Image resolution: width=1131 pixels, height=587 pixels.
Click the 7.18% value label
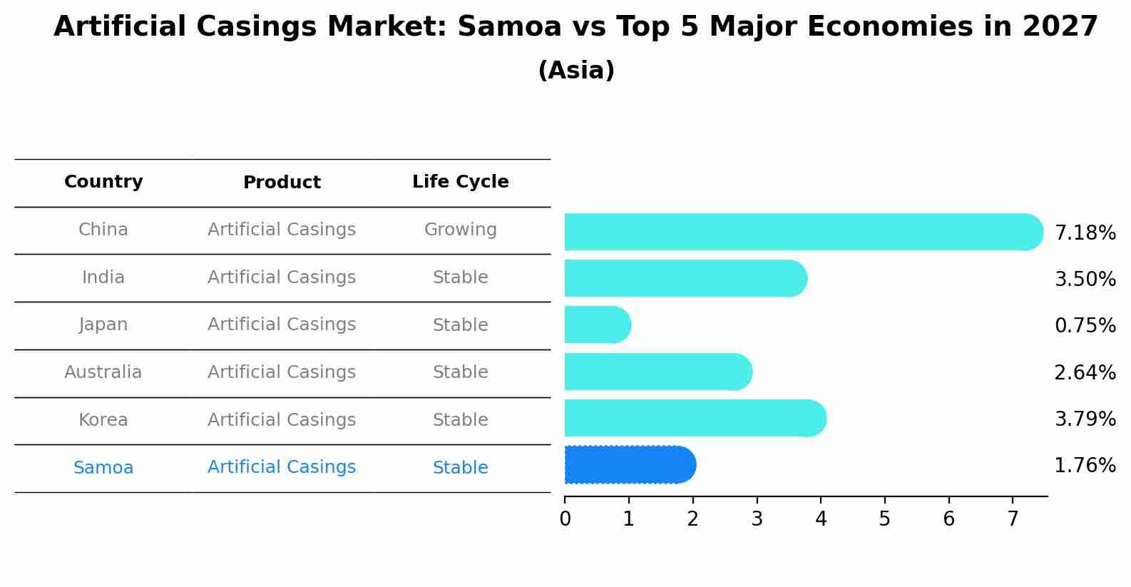(x=1085, y=233)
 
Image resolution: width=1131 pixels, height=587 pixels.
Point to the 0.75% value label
(x=1085, y=326)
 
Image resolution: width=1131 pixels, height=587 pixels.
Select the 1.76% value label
(x=1085, y=466)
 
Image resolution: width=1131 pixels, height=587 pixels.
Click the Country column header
(x=103, y=182)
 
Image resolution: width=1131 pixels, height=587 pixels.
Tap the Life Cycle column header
(x=460, y=182)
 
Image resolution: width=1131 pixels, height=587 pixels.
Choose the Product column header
(x=282, y=183)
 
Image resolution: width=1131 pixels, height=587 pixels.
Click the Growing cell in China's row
(x=460, y=230)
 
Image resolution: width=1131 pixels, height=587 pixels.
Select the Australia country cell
(x=103, y=372)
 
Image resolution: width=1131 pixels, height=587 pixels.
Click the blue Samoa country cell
(x=103, y=468)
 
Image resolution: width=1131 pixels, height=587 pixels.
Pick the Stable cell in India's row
(x=460, y=277)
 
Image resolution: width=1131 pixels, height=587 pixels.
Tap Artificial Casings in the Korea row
(x=282, y=420)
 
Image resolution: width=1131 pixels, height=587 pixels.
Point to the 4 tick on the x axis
(x=821, y=519)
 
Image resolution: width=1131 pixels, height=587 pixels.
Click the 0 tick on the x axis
(x=565, y=519)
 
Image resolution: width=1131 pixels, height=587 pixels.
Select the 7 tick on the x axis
(x=1013, y=519)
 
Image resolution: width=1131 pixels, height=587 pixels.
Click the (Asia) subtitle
(x=576, y=71)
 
